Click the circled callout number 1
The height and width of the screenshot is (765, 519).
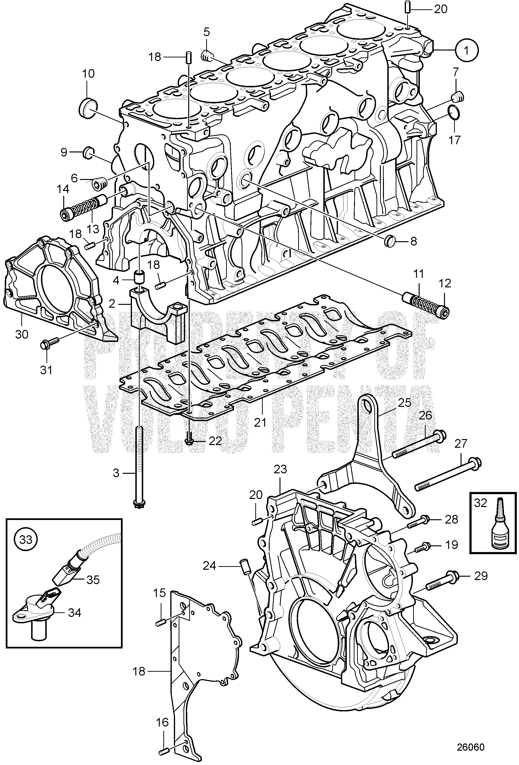[467, 50]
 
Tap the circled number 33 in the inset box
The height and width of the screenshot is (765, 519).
[26, 540]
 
